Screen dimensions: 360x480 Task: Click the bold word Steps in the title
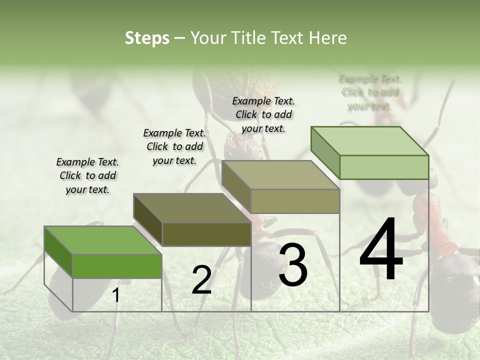147,38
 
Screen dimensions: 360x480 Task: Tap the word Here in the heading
327,38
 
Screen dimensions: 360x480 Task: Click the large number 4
381,251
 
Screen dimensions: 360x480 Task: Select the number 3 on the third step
293,265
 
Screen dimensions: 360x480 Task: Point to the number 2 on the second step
201,280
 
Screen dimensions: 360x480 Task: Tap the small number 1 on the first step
116,295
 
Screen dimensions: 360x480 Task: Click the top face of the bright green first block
102,240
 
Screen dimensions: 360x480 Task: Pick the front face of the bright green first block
117,265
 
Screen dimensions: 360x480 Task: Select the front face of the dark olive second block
206,234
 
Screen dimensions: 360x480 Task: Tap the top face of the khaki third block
280,175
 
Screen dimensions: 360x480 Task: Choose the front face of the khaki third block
295,201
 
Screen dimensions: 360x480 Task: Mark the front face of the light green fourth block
384,167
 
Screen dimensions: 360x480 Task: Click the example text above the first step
87,175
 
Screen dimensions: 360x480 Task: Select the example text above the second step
174,146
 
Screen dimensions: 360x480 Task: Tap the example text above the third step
263,114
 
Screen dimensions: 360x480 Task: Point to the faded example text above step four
370,92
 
